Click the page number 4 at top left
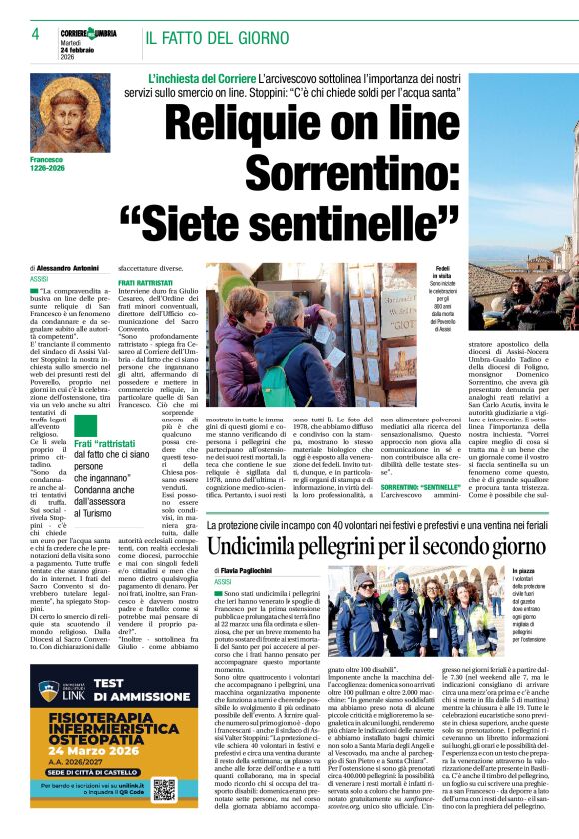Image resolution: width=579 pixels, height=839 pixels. (35, 35)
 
